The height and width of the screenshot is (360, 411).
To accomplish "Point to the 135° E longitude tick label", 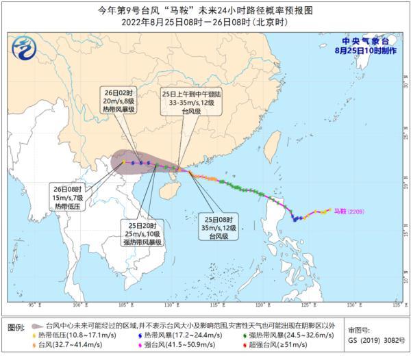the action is pyautogui.click(x=395, y=304).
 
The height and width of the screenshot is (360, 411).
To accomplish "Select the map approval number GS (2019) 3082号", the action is pyautogui.click(x=374, y=339).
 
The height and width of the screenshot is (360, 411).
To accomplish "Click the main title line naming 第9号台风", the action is pyautogui.click(x=206, y=10).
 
